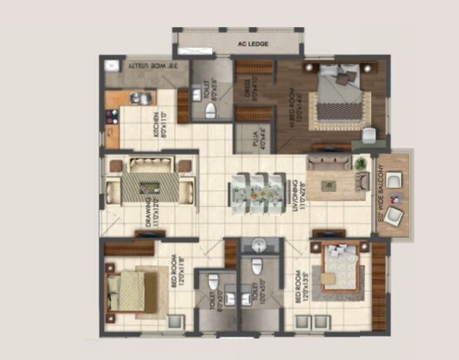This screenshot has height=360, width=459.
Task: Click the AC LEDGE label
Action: pos(253,44)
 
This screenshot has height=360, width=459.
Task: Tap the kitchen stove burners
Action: pos(113,116)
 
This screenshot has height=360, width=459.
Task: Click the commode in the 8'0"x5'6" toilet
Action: pos(210,110)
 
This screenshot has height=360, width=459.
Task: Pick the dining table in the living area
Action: pos(258,191)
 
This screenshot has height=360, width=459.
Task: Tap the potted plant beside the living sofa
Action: pos(360,164)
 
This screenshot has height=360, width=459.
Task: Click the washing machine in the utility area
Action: pos(112,65)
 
